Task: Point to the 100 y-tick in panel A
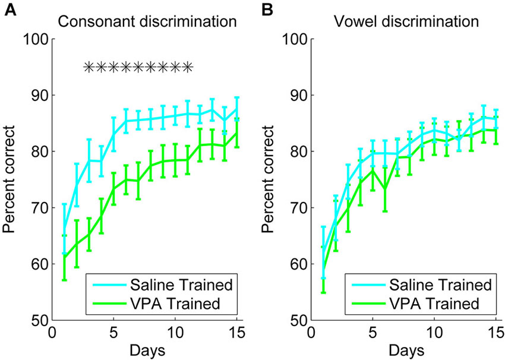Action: click(36, 40)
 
